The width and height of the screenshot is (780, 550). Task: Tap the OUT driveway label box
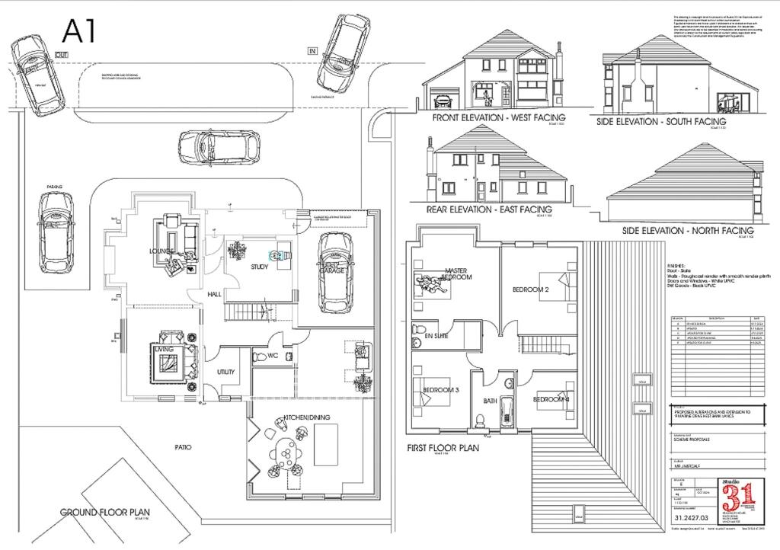point(62,55)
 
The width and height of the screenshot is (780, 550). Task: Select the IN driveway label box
point(312,50)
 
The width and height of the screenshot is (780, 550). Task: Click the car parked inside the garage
point(334,271)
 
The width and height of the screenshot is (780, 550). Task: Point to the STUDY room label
point(260,267)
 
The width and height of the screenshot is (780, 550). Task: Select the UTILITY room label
point(226,372)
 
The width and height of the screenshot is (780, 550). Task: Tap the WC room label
point(272,355)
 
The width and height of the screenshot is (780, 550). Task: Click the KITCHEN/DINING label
point(307,417)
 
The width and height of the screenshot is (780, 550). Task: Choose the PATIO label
point(183,447)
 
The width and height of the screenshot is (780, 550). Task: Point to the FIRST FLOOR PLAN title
point(443,448)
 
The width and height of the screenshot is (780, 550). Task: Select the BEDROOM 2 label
point(530,289)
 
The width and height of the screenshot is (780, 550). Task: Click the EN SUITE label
point(436,335)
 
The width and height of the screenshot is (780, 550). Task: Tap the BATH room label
point(491,401)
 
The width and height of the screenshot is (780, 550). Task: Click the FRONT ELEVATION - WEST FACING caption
point(499,118)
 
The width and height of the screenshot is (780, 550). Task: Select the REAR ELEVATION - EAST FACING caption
point(489,209)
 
